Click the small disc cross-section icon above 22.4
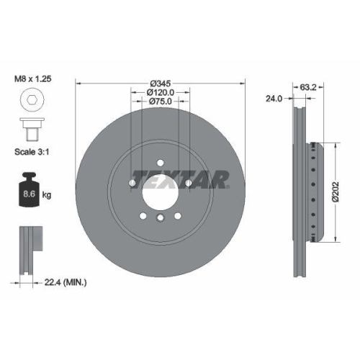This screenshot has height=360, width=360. [x=28, y=248]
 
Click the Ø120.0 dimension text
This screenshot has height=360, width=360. [x=161, y=92]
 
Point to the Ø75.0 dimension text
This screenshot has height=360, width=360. [x=161, y=102]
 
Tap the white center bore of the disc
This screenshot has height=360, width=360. [x=160, y=192]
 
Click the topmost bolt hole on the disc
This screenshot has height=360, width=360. [x=161, y=162]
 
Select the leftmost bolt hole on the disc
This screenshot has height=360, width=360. [x=132, y=184]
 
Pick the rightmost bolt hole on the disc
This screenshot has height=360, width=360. [x=189, y=184]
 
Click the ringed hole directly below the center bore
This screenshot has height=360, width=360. [x=161, y=217]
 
